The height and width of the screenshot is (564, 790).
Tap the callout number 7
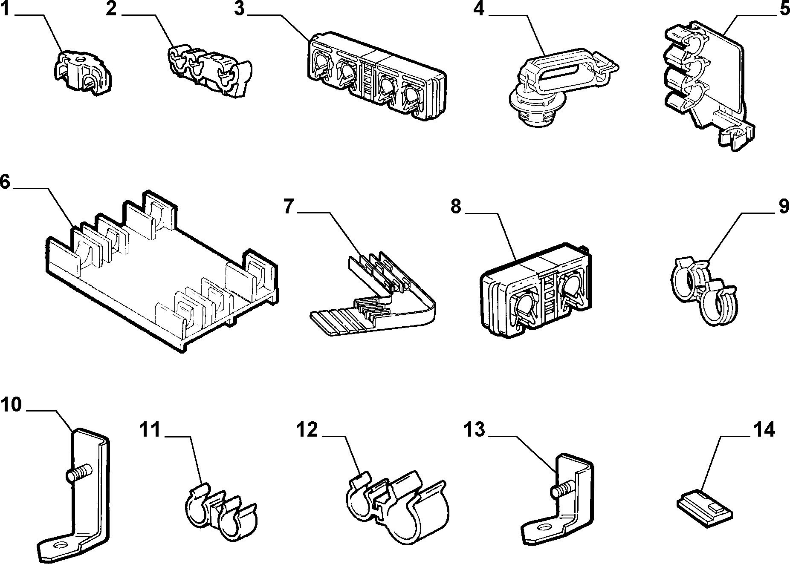pyautogui.click(x=289, y=207)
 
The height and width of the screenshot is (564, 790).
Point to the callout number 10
pyautogui.click(x=11, y=404)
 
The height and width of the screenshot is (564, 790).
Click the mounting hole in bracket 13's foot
pyautogui.click(x=542, y=528)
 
